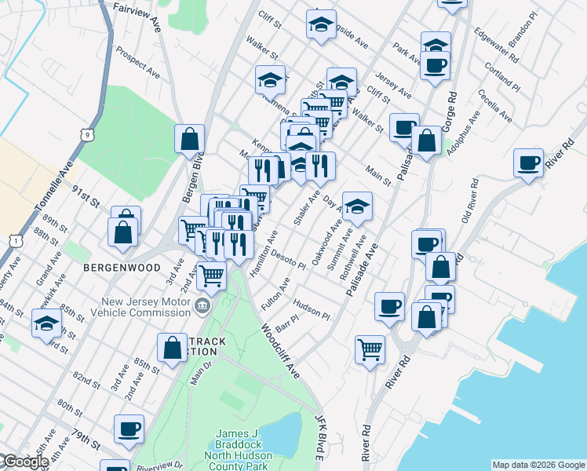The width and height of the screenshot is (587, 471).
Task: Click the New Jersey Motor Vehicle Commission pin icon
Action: click(x=202, y=306)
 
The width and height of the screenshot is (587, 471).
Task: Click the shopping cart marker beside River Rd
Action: click(x=370, y=349)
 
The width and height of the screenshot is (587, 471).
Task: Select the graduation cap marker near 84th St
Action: click(x=46, y=323)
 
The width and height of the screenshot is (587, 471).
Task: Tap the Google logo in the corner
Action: click(x=25, y=462)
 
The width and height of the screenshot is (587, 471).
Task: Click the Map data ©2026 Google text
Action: click(x=538, y=465)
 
